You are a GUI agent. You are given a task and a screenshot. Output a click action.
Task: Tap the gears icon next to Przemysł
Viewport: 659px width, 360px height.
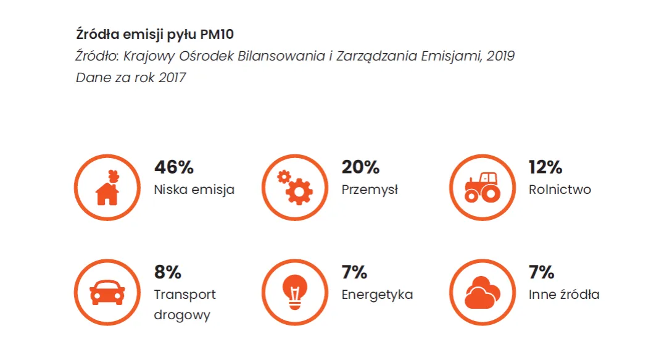pyautogui.click(x=294, y=188)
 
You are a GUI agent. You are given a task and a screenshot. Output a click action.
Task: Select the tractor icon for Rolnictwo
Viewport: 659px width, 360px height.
pyautogui.click(x=482, y=188)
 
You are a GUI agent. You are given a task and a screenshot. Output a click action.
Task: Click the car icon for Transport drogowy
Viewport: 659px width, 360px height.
pyautogui.click(x=107, y=292)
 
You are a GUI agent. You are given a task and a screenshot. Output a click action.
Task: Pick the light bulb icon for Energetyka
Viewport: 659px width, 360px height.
pyautogui.click(x=294, y=292)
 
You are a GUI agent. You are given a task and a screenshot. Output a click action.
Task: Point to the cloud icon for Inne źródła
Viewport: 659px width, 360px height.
pyautogui.click(x=482, y=292)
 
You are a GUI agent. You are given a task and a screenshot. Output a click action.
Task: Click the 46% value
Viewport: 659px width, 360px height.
pyautogui.click(x=174, y=167)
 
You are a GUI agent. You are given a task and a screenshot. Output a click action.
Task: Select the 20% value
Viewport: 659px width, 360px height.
pyautogui.click(x=360, y=167)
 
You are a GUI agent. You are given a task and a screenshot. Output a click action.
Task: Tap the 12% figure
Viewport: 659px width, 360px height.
pyautogui.click(x=545, y=167)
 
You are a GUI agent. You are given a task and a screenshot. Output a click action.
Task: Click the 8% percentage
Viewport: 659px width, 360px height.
pyautogui.click(x=167, y=272)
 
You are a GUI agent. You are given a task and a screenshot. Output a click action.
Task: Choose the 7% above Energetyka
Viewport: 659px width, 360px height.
pyautogui.click(x=354, y=272)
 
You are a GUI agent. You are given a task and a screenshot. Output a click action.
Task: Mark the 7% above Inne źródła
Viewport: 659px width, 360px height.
pyautogui.click(x=541, y=272)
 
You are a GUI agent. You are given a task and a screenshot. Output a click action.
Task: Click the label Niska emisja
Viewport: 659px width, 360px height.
pyautogui.click(x=194, y=190)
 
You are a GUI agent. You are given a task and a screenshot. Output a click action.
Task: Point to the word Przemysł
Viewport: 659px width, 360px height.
pyautogui.click(x=370, y=190)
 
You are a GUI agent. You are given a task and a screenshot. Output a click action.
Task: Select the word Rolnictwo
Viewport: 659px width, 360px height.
pyautogui.click(x=560, y=190)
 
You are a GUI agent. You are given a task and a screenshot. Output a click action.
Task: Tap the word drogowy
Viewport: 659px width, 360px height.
pyautogui.click(x=182, y=315)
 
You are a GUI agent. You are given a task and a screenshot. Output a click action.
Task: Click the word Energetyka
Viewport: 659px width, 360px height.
pyautogui.click(x=377, y=295)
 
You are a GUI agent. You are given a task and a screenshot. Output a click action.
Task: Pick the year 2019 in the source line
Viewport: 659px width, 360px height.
pyautogui.click(x=500, y=56)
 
